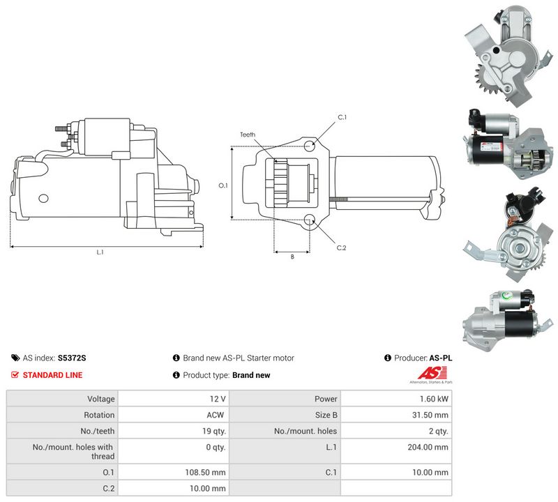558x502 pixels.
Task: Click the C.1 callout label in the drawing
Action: pos(342,117)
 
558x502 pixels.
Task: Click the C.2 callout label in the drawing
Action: pos(341,248)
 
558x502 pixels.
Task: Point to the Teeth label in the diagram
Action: pos(248,135)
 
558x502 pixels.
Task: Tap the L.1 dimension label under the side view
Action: pos(100,252)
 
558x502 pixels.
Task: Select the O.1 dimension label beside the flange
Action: pos(223,185)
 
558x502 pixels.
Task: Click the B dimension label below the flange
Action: pos(292,257)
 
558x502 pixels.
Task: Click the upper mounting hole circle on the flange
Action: pos(310,146)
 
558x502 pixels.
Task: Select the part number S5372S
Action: pos(72,358)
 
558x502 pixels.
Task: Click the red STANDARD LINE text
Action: pos(53,375)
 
